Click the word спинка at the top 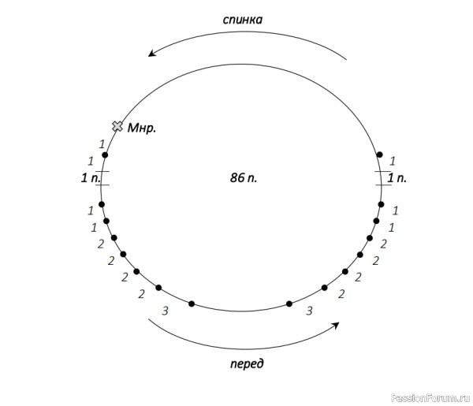coord(243,20)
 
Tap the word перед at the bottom coord(247,363)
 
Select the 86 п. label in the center coord(244,178)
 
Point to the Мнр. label coord(142,129)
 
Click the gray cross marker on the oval coord(117,126)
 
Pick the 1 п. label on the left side coord(91,178)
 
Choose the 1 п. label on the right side coord(397,178)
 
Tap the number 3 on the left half coord(165,311)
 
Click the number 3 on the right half coord(309,311)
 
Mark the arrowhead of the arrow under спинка coord(151,54)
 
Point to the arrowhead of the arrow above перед coord(336,325)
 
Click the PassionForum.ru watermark coord(430,398)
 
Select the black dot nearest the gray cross coord(105,155)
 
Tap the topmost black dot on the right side coord(380,155)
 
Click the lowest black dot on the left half coord(192,304)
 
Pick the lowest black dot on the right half coord(289,304)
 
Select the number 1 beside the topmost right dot coord(392,161)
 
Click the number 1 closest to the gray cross coord(102,144)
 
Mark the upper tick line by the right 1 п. coord(382,171)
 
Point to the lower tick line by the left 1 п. coord(102,184)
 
